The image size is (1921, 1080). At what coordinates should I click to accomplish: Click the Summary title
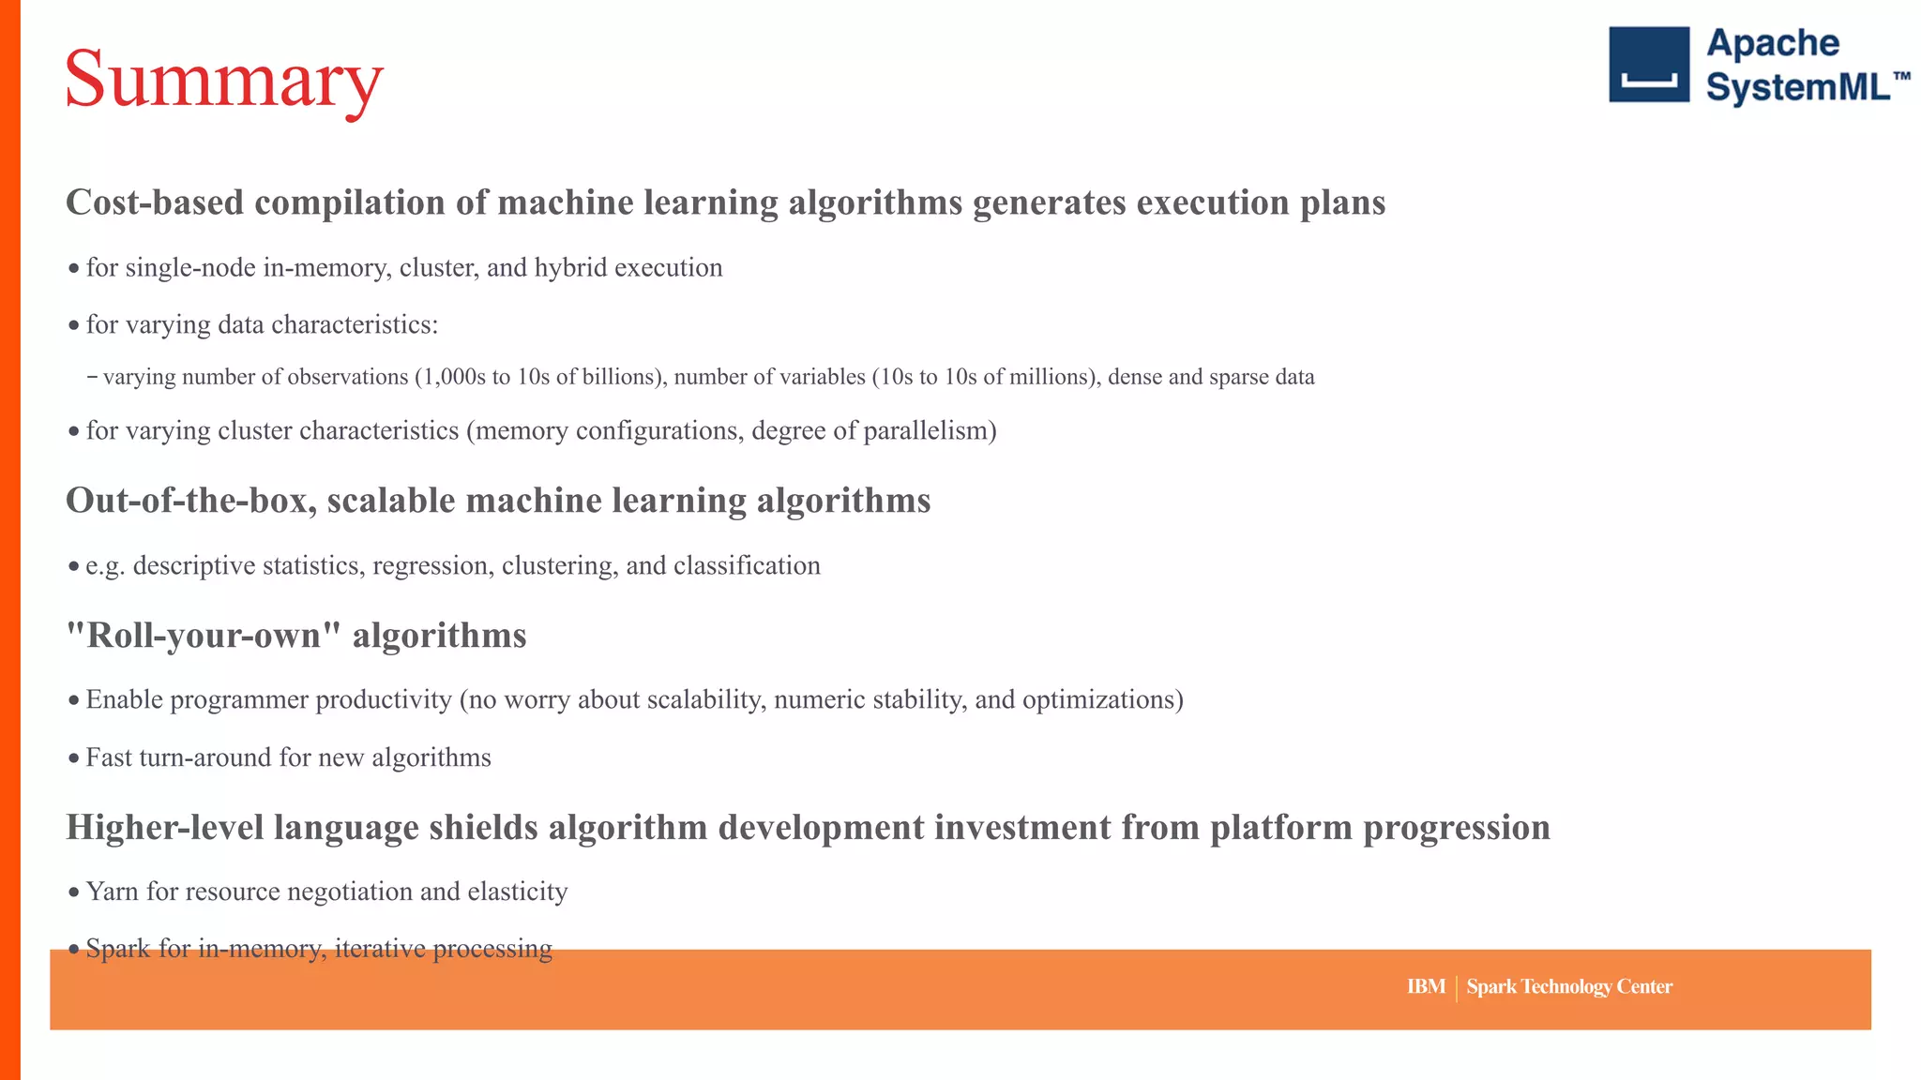pyautogui.click(x=223, y=81)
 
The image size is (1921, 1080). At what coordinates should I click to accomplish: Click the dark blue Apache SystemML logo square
pyautogui.click(x=1648, y=65)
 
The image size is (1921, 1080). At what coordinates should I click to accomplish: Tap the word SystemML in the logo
pyautogui.click(x=1797, y=87)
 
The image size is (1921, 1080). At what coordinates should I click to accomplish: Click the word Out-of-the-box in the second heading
pyautogui.click(x=190, y=501)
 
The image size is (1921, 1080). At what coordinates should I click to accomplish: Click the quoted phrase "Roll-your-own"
pyautogui.click(x=203, y=636)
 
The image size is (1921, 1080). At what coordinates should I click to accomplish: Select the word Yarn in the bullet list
pyautogui.click(x=112, y=892)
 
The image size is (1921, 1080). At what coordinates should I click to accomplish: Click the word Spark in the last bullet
pyautogui.click(x=118, y=949)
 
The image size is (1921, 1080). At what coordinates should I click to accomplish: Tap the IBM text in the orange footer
pyautogui.click(x=1425, y=986)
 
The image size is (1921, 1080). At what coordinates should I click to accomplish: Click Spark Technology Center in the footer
pyautogui.click(x=1568, y=986)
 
